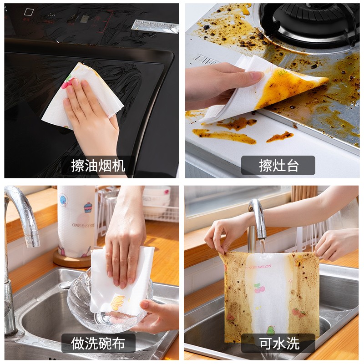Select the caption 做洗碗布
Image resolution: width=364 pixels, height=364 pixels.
pyautogui.click(x=98, y=344)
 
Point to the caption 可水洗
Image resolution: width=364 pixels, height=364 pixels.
pyautogui.click(x=278, y=344)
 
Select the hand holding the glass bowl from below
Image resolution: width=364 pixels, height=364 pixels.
pyautogui.click(x=157, y=316)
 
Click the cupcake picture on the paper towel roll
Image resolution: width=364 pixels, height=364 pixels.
pyautogui.click(x=87, y=208)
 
